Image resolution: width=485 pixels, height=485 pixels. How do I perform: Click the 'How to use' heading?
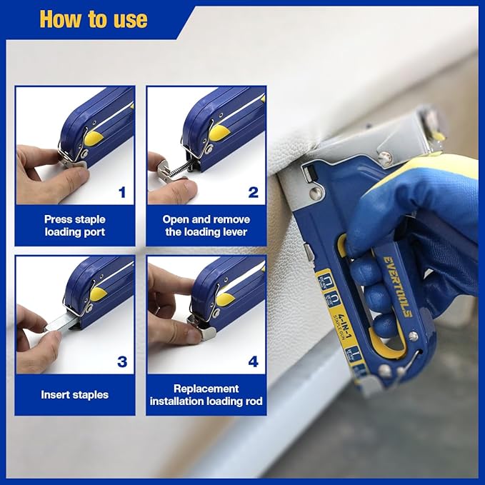(x=93, y=19)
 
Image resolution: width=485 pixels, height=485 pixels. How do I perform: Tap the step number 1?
(x=121, y=192)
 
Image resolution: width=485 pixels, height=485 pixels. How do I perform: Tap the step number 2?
(x=253, y=192)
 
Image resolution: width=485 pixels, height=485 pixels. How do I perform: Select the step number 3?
(x=121, y=361)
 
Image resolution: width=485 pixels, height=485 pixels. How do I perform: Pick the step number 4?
(x=253, y=361)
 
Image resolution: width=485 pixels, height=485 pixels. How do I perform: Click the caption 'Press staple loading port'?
(x=74, y=226)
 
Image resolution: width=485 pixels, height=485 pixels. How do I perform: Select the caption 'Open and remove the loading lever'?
(x=206, y=226)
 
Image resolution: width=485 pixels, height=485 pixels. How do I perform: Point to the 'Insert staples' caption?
(x=74, y=394)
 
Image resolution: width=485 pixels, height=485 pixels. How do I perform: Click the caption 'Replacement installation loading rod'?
(x=206, y=394)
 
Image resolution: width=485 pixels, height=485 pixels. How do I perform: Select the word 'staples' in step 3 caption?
(x=91, y=394)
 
